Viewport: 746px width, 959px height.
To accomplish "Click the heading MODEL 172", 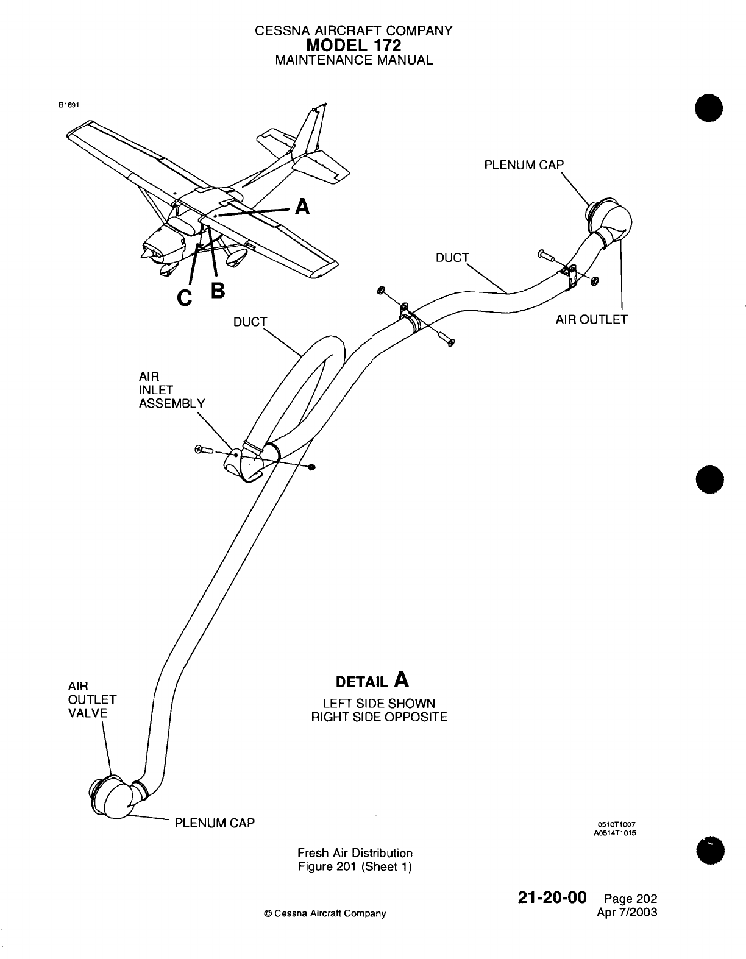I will (354, 45).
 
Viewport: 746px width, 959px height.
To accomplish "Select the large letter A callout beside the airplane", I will (301, 208).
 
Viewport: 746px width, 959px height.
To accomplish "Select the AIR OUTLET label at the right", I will (591, 319).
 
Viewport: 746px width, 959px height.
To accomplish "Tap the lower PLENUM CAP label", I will (215, 823).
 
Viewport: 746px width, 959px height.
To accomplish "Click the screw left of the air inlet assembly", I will (202, 450).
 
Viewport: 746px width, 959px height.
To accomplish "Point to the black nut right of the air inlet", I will (312, 467).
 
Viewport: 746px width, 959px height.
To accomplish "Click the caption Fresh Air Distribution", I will (355, 853).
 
